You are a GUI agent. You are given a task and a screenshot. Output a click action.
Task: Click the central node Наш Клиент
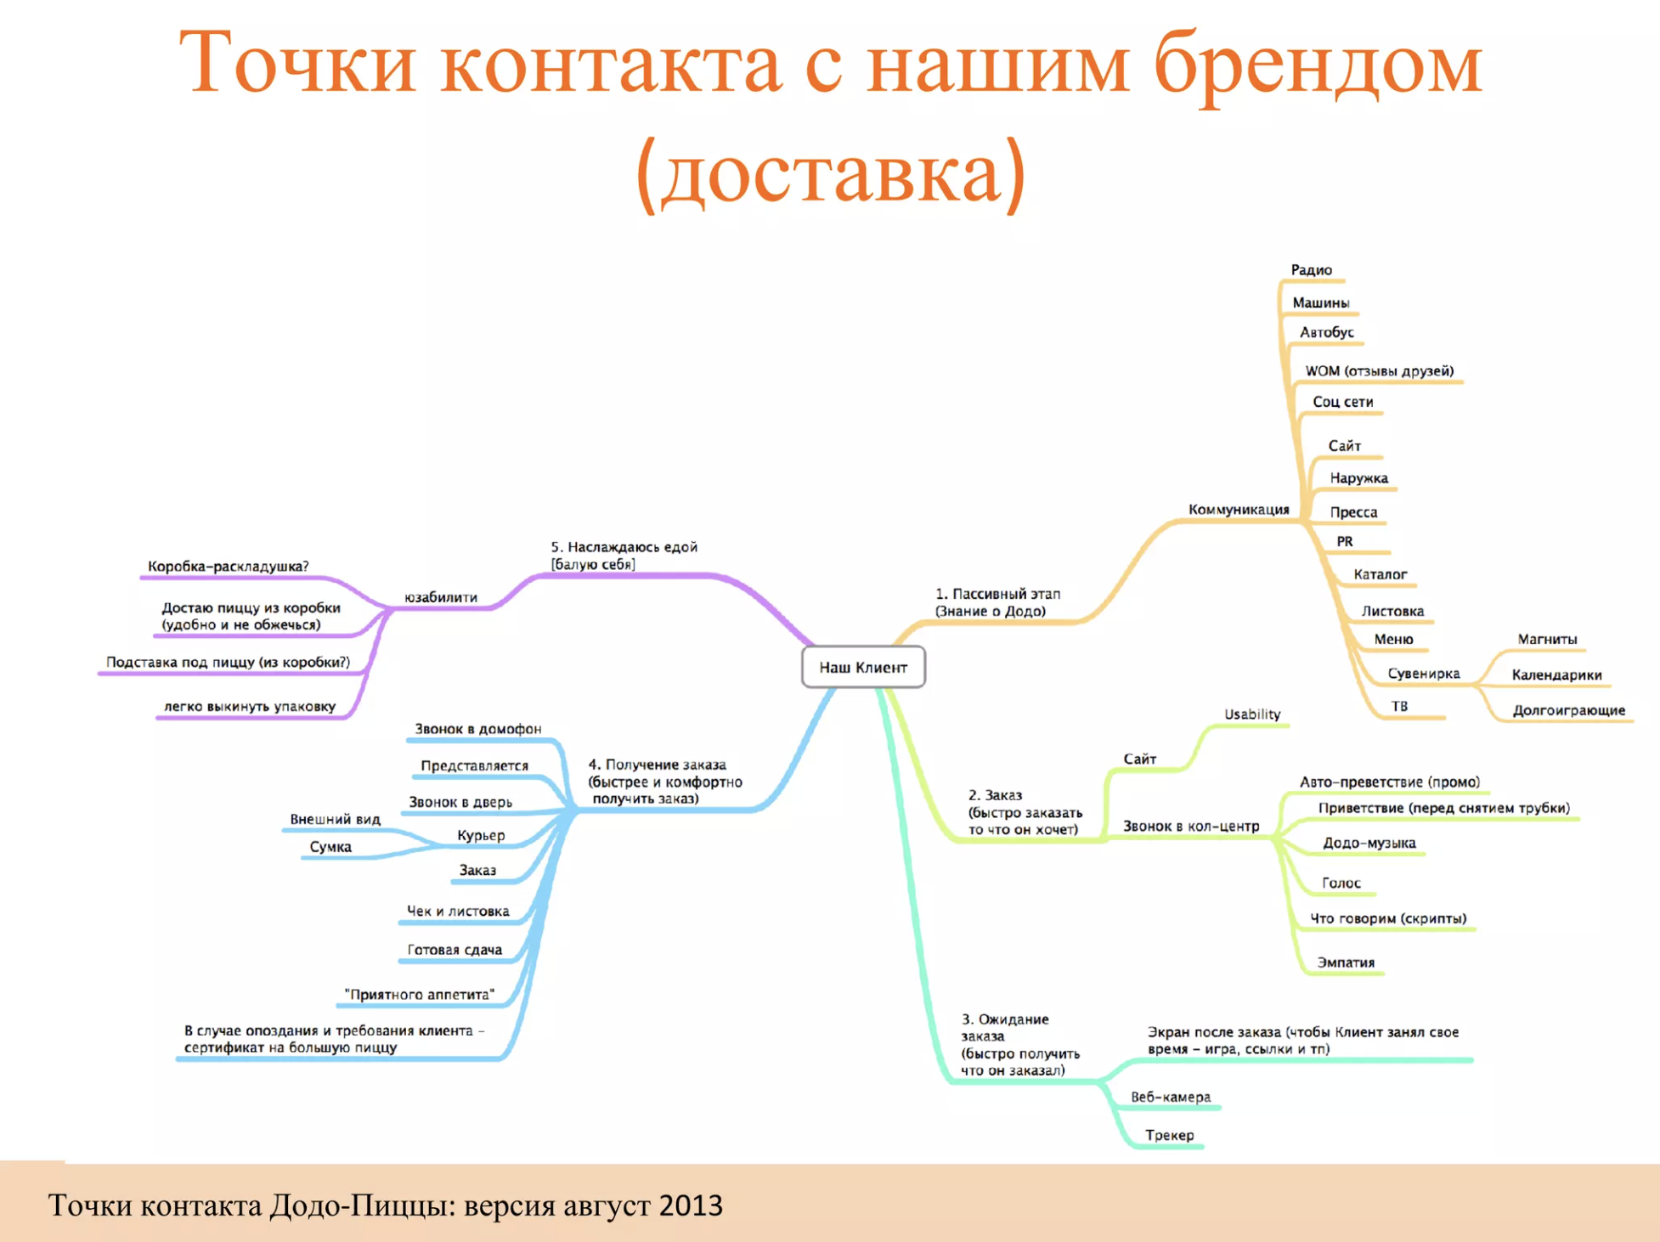[863, 667]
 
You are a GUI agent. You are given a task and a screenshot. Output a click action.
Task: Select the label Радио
[1312, 270]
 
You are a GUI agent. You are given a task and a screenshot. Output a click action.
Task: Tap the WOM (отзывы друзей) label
[1380, 371]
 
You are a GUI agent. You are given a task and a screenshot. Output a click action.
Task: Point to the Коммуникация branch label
[1239, 510]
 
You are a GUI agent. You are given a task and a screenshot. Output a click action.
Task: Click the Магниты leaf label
[1547, 639]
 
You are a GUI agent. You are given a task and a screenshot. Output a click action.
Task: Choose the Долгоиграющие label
[1568, 710]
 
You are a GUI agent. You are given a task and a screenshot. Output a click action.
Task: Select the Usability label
[1252, 714]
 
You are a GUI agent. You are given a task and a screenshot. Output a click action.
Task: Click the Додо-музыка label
[1369, 843]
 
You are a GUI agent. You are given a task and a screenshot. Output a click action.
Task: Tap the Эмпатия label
[1346, 963]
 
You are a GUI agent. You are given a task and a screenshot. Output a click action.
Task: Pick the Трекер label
[1169, 1135]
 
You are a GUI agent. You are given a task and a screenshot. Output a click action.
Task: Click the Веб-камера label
[1171, 1097]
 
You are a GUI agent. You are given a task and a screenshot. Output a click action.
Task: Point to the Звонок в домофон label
[477, 729]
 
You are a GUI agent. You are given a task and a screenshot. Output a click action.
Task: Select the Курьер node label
[481, 836]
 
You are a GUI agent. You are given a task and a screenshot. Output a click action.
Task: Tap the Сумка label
[330, 847]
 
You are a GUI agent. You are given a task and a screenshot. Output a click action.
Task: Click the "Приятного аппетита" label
[420, 994]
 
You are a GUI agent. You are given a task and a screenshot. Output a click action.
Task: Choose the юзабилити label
[441, 597]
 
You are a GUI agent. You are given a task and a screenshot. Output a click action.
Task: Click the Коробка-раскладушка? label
[229, 567]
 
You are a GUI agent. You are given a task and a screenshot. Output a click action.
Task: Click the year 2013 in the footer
[691, 1205]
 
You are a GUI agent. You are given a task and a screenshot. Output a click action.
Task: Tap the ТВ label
[1399, 706]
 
